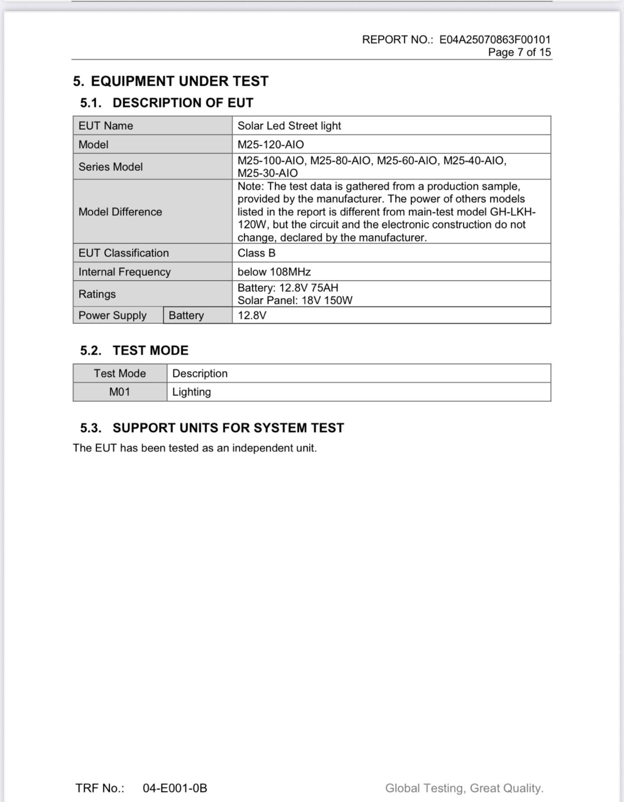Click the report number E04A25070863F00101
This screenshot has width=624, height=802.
pyautogui.click(x=495, y=40)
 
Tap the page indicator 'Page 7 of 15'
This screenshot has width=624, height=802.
pyautogui.click(x=519, y=52)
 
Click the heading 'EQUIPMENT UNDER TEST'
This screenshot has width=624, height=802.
pyautogui.click(x=179, y=81)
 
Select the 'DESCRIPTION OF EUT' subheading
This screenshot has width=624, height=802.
pyautogui.click(x=183, y=103)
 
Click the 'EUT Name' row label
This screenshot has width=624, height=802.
pyautogui.click(x=106, y=126)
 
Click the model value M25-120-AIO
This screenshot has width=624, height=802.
pyautogui.click(x=270, y=145)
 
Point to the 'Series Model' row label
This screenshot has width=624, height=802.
pyautogui.click(x=110, y=167)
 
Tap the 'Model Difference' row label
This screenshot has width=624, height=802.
pyautogui.click(x=120, y=212)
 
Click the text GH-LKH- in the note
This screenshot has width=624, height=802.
pyautogui.click(x=512, y=212)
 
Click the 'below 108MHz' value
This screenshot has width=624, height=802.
pyautogui.click(x=274, y=272)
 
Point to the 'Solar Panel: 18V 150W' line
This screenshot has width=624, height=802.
pyautogui.click(x=295, y=300)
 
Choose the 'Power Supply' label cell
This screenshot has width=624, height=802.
pyautogui.click(x=112, y=315)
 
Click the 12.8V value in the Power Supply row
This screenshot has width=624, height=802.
pyautogui.click(x=252, y=315)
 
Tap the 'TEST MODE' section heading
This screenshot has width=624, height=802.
pyautogui.click(x=150, y=350)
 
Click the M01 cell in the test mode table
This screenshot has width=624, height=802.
pyautogui.click(x=119, y=392)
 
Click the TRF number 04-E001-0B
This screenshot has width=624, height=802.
pyautogui.click(x=175, y=788)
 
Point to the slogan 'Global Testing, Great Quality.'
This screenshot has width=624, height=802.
pyautogui.click(x=464, y=788)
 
